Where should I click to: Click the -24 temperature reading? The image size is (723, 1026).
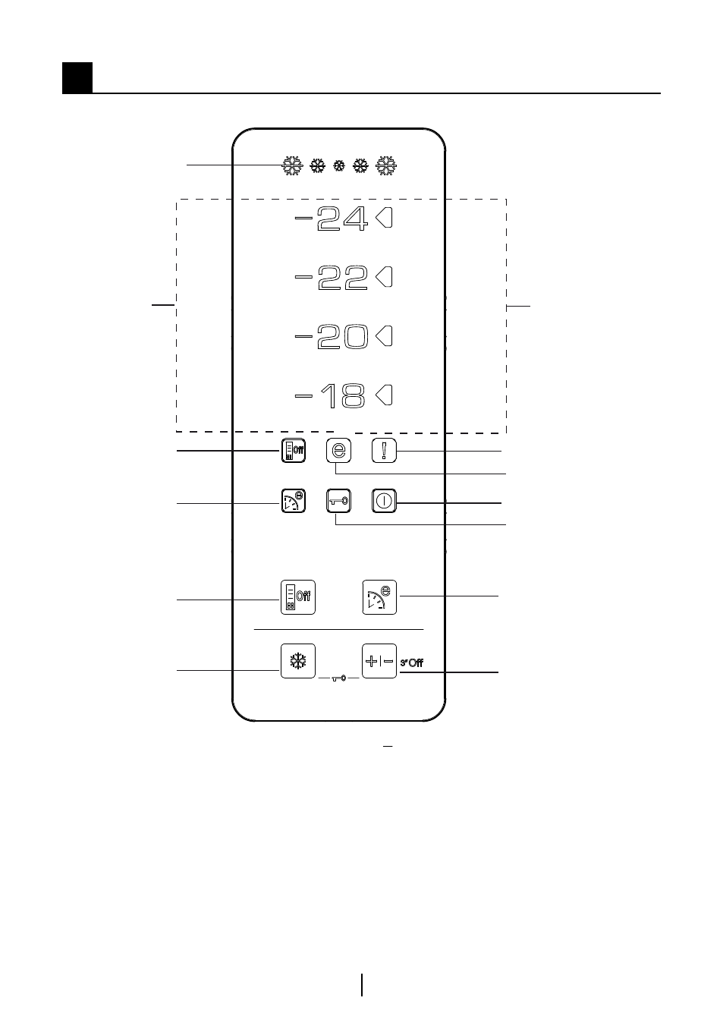coord(331,219)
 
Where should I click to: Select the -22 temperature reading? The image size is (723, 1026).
coord(331,277)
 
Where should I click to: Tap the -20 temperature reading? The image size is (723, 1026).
coord(331,337)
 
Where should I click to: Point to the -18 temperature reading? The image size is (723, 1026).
coord(330,395)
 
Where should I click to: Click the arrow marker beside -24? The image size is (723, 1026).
coord(384,218)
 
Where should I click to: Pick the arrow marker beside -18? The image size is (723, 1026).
coord(384,395)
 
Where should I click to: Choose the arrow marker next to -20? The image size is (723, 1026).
coord(384,335)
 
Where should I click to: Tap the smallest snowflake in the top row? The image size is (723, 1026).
coord(339,165)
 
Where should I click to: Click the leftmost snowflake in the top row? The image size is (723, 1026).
coord(292,165)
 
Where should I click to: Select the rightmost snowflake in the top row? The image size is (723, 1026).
coord(386,165)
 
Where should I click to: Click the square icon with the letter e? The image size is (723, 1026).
coord(339,451)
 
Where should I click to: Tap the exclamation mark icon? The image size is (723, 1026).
coord(384,451)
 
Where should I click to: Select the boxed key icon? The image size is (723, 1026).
coord(339,501)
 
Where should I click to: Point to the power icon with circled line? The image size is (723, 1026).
coord(384,501)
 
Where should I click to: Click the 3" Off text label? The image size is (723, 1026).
coord(412,662)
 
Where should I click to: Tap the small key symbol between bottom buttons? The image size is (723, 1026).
coord(339,678)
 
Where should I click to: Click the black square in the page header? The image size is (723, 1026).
coord(77,78)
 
